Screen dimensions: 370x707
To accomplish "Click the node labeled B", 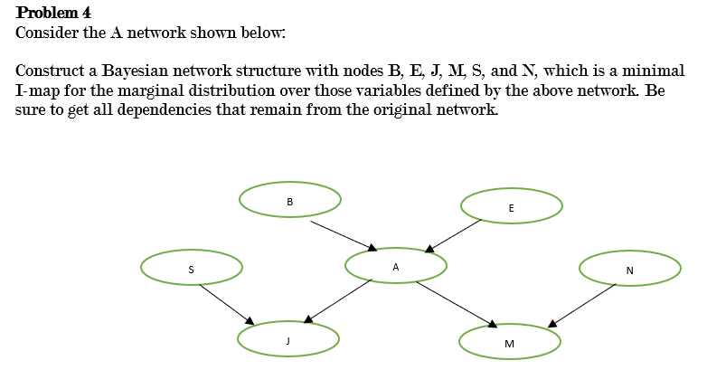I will click(289, 200).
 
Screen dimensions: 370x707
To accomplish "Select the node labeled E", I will click(511, 207).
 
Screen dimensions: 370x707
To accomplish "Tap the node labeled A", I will click(396, 266).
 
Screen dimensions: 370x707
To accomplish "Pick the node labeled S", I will click(191, 269).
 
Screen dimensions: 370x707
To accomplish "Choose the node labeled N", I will click(629, 270).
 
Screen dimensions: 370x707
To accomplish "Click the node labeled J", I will click(288, 339).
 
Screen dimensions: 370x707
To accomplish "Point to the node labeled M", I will click(509, 343).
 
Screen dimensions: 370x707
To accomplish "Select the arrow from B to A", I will click(343, 233).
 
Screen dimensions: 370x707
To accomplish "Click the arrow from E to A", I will click(455, 233).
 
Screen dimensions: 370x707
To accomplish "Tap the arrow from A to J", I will click(338, 300).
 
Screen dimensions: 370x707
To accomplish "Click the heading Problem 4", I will click(53, 13).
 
